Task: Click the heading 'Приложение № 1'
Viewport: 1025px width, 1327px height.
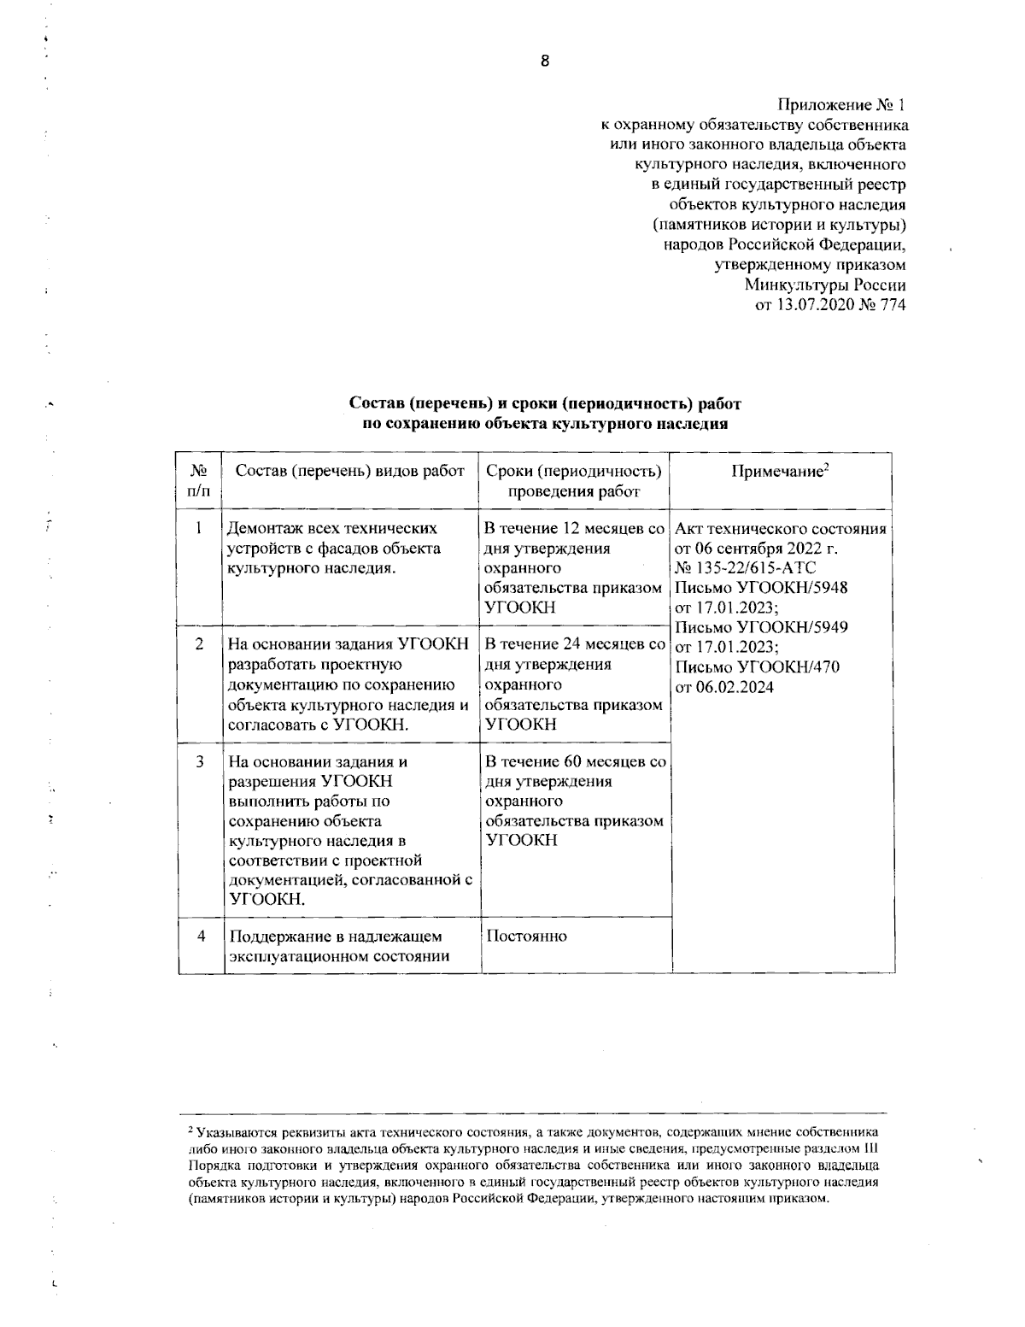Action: pos(840,106)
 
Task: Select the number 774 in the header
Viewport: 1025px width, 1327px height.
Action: pos(892,304)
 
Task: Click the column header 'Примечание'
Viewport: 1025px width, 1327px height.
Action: pos(779,471)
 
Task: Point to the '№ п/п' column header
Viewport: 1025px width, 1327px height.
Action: pos(198,480)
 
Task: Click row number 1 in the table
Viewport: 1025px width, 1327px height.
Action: pos(198,529)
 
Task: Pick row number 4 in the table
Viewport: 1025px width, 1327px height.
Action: pos(202,936)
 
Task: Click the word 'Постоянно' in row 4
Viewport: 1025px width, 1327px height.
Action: pos(526,936)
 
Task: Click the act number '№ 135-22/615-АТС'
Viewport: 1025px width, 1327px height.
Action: pos(746,568)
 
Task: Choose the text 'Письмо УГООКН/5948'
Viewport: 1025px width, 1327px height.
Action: pos(761,588)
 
